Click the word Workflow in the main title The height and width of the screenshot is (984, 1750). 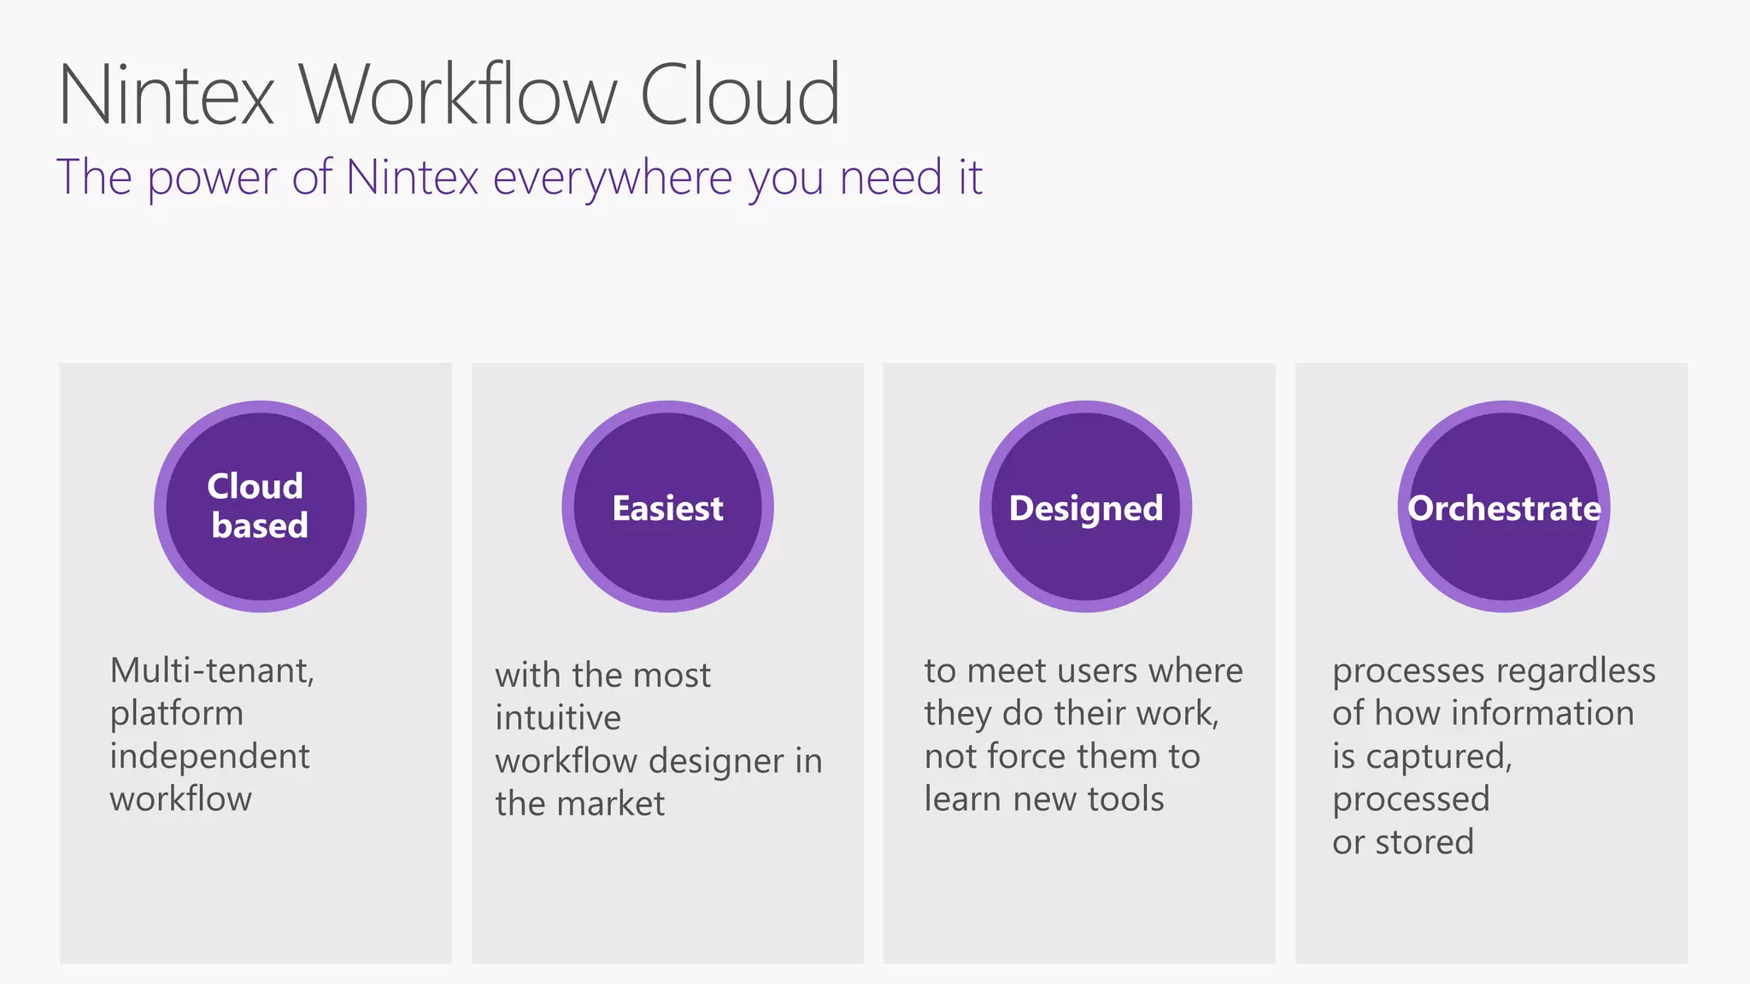pyautogui.click(x=458, y=95)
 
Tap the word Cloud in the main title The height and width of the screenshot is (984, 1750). pyautogui.click(x=740, y=95)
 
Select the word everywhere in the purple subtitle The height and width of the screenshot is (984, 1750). pyautogui.click(x=613, y=178)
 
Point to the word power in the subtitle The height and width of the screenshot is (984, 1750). pyautogui.click(x=212, y=178)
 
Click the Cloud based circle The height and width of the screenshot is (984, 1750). pyautogui.click(x=260, y=507)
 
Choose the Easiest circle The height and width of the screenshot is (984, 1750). pyautogui.click(x=667, y=507)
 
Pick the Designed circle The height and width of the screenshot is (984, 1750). pyautogui.click(x=1085, y=507)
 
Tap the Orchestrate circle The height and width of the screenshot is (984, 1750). pyautogui.click(x=1504, y=507)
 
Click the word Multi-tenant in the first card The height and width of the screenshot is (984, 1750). pyautogui.click(x=212, y=671)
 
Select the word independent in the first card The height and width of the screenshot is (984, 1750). pyautogui.click(x=209, y=757)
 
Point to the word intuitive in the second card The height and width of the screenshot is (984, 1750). pyautogui.click(x=558, y=718)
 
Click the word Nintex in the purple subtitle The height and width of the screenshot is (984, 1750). pyautogui.click(x=412, y=178)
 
